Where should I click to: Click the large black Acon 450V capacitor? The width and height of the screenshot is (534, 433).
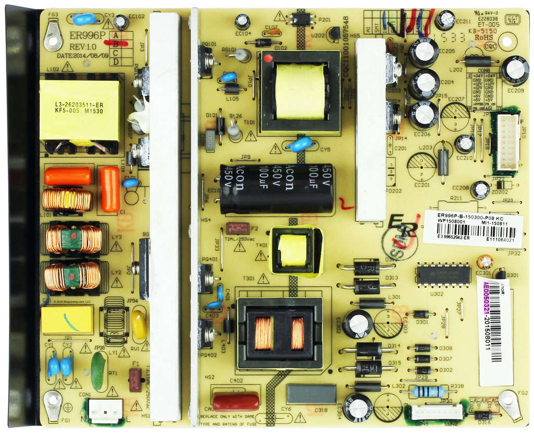276,189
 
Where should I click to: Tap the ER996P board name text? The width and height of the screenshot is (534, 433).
87,35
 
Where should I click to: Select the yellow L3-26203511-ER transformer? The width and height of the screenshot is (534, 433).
81,110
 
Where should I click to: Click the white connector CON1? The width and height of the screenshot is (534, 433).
105,410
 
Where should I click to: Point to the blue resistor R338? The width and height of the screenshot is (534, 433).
428,391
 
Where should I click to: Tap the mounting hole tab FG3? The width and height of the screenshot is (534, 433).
53,36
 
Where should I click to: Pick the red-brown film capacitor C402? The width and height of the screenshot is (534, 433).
235,401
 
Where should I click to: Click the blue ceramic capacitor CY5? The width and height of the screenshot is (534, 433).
300,143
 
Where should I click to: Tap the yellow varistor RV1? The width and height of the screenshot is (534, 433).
139,326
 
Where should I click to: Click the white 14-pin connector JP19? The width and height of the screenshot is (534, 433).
507,142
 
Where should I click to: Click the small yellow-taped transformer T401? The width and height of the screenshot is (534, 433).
293,250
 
